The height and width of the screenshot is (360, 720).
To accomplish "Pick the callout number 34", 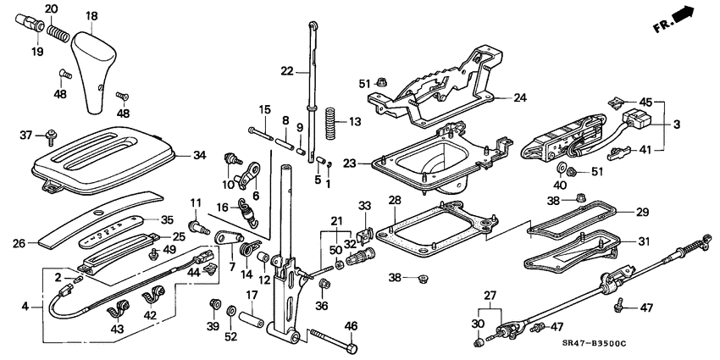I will coord(200,155).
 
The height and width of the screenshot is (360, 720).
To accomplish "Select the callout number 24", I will coord(519,97).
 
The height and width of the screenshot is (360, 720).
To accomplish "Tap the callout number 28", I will coord(394,200).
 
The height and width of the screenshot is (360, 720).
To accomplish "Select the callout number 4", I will coord(25,306).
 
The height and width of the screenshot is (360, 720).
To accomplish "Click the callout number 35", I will coord(168,219).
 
